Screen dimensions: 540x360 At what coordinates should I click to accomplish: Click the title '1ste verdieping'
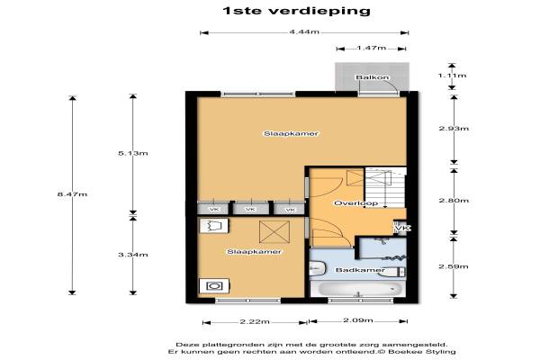[x=296, y=11]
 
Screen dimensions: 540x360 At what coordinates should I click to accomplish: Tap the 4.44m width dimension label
[x=304, y=32]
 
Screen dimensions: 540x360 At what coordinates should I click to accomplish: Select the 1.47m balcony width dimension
[x=371, y=48]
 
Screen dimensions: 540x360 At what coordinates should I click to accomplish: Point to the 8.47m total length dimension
[x=72, y=194]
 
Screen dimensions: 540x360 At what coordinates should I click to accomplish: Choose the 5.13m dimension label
[x=133, y=153]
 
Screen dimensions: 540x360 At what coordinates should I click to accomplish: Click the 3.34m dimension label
[x=133, y=255]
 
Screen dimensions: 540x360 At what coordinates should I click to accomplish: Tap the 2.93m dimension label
[x=454, y=129]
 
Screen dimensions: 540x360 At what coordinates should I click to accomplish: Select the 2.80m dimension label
[x=454, y=200]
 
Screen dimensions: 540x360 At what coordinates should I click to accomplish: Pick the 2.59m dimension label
[x=454, y=266]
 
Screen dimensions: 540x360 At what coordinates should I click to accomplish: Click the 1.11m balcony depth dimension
[x=452, y=76]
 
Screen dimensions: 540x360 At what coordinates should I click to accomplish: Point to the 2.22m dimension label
[x=255, y=322]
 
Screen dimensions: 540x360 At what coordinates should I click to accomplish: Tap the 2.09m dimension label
[x=358, y=320]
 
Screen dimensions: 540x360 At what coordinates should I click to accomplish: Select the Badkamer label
[x=360, y=270]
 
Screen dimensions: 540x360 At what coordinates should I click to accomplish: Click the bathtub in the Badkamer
[x=359, y=289]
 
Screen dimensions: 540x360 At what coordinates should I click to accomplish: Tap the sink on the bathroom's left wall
[x=317, y=269]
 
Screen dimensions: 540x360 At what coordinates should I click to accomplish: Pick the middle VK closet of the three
[x=251, y=209]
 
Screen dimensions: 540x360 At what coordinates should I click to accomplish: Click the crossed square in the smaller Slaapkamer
[x=274, y=232]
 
